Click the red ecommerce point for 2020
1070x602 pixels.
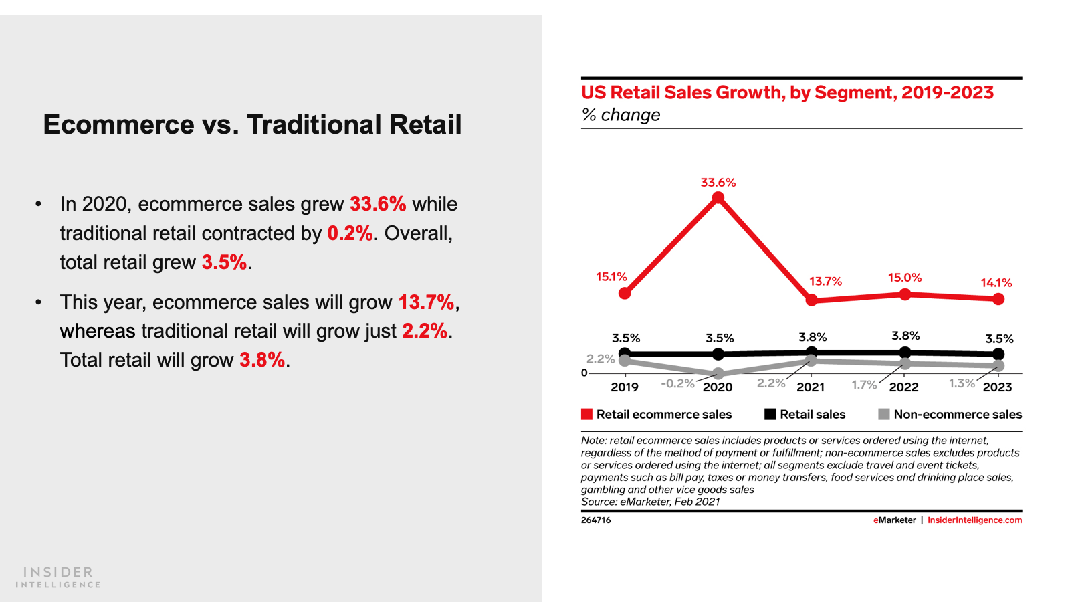(x=718, y=198)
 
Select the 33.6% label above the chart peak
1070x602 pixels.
(x=718, y=183)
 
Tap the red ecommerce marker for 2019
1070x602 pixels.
(x=625, y=293)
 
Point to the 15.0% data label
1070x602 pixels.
(x=905, y=278)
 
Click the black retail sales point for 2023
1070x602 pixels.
(x=998, y=354)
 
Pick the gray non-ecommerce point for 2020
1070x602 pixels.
(x=718, y=373)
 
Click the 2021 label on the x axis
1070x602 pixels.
(x=811, y=387)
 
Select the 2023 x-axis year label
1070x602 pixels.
(x=998, y=387)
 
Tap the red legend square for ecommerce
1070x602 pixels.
(x=587, y=414)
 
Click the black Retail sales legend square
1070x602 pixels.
(x=770, y=414)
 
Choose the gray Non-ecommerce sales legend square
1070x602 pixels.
(x=884, y=414)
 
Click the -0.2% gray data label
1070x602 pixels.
(x=677, y=383)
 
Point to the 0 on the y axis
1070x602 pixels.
(x=584, y=373)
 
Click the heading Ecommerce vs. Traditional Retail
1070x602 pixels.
(x=252, y=125)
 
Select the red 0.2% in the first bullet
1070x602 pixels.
(x=350, y=233)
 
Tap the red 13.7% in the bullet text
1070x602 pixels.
(x=426, y=302)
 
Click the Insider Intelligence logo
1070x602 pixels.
(x=58, y=577)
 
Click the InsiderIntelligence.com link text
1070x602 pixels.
(x=974, y=520)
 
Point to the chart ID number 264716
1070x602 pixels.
(x=596, y=520)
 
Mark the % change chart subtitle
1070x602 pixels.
(x=621, y=115)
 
